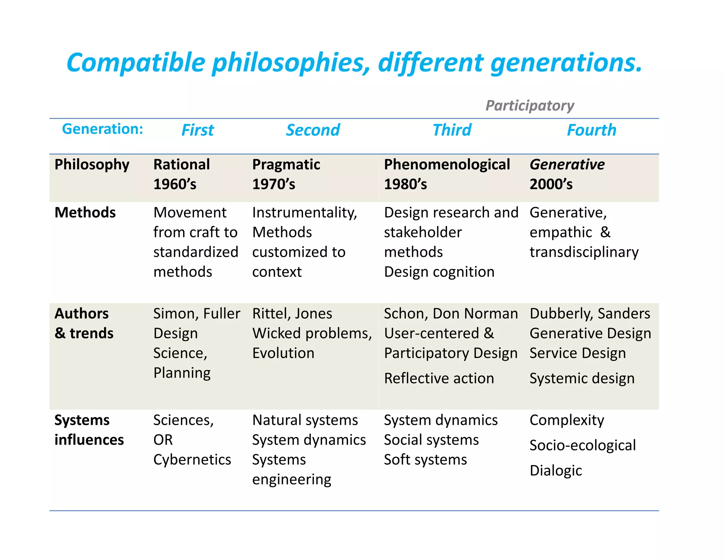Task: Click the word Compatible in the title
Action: click(x=136, y=63)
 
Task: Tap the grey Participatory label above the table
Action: click(x=530, y=105)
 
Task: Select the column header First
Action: click(x=198, y=130)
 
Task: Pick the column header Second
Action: click(x=313, y=130)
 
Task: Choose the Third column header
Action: click(x=452, y=130)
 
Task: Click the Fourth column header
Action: click(x=591, y=130)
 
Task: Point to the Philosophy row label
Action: click(x=92, y=165)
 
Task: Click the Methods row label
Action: click(x=85, y=212)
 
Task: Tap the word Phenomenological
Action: click(x=447, y=165)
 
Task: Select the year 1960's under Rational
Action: click(x=175, y=184)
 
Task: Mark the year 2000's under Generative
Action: click(x=551, y=184)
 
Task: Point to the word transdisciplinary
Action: click(x=584, y=252)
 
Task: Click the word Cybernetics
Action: click(x=192, y=459)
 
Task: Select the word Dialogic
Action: click(x=556, y=471)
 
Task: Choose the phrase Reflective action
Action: click(x=439, y=378)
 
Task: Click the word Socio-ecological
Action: click(x=583, y=445)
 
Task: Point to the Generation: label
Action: click(x=102, y=129)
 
